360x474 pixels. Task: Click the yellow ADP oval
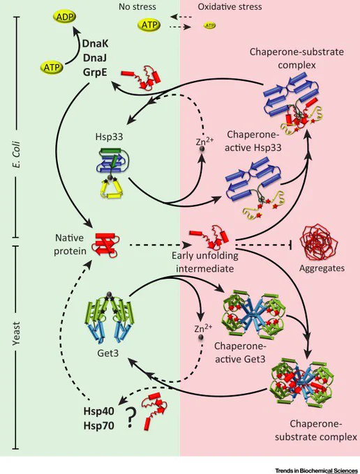click(x=65, y=17)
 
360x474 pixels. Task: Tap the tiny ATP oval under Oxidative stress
click(x=210, y=26)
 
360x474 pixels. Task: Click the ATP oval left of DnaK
click(x=52, y=67)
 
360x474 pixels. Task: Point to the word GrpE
click(x=95, y=72)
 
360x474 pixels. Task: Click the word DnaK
click(x=96, y=43)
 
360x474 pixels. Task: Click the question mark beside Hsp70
click(x=130, y=418)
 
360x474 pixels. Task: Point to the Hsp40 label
click(x=99, y=411)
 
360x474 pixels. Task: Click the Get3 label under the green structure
click(x=107, y=353)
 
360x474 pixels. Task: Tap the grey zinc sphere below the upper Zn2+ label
click(x=201, y=149)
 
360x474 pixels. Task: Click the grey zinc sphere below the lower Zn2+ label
click(x=200, y=337)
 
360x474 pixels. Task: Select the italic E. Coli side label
click(x=16, y=155)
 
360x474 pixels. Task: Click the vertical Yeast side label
click(x=16, y=333)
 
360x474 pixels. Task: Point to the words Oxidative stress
click(x=230, y=7)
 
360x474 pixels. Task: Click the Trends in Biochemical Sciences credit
click(x=316, y=471)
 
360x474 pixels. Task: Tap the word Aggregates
click(x=322, y=268)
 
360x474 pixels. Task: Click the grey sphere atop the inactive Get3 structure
click(x=109, y=295)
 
